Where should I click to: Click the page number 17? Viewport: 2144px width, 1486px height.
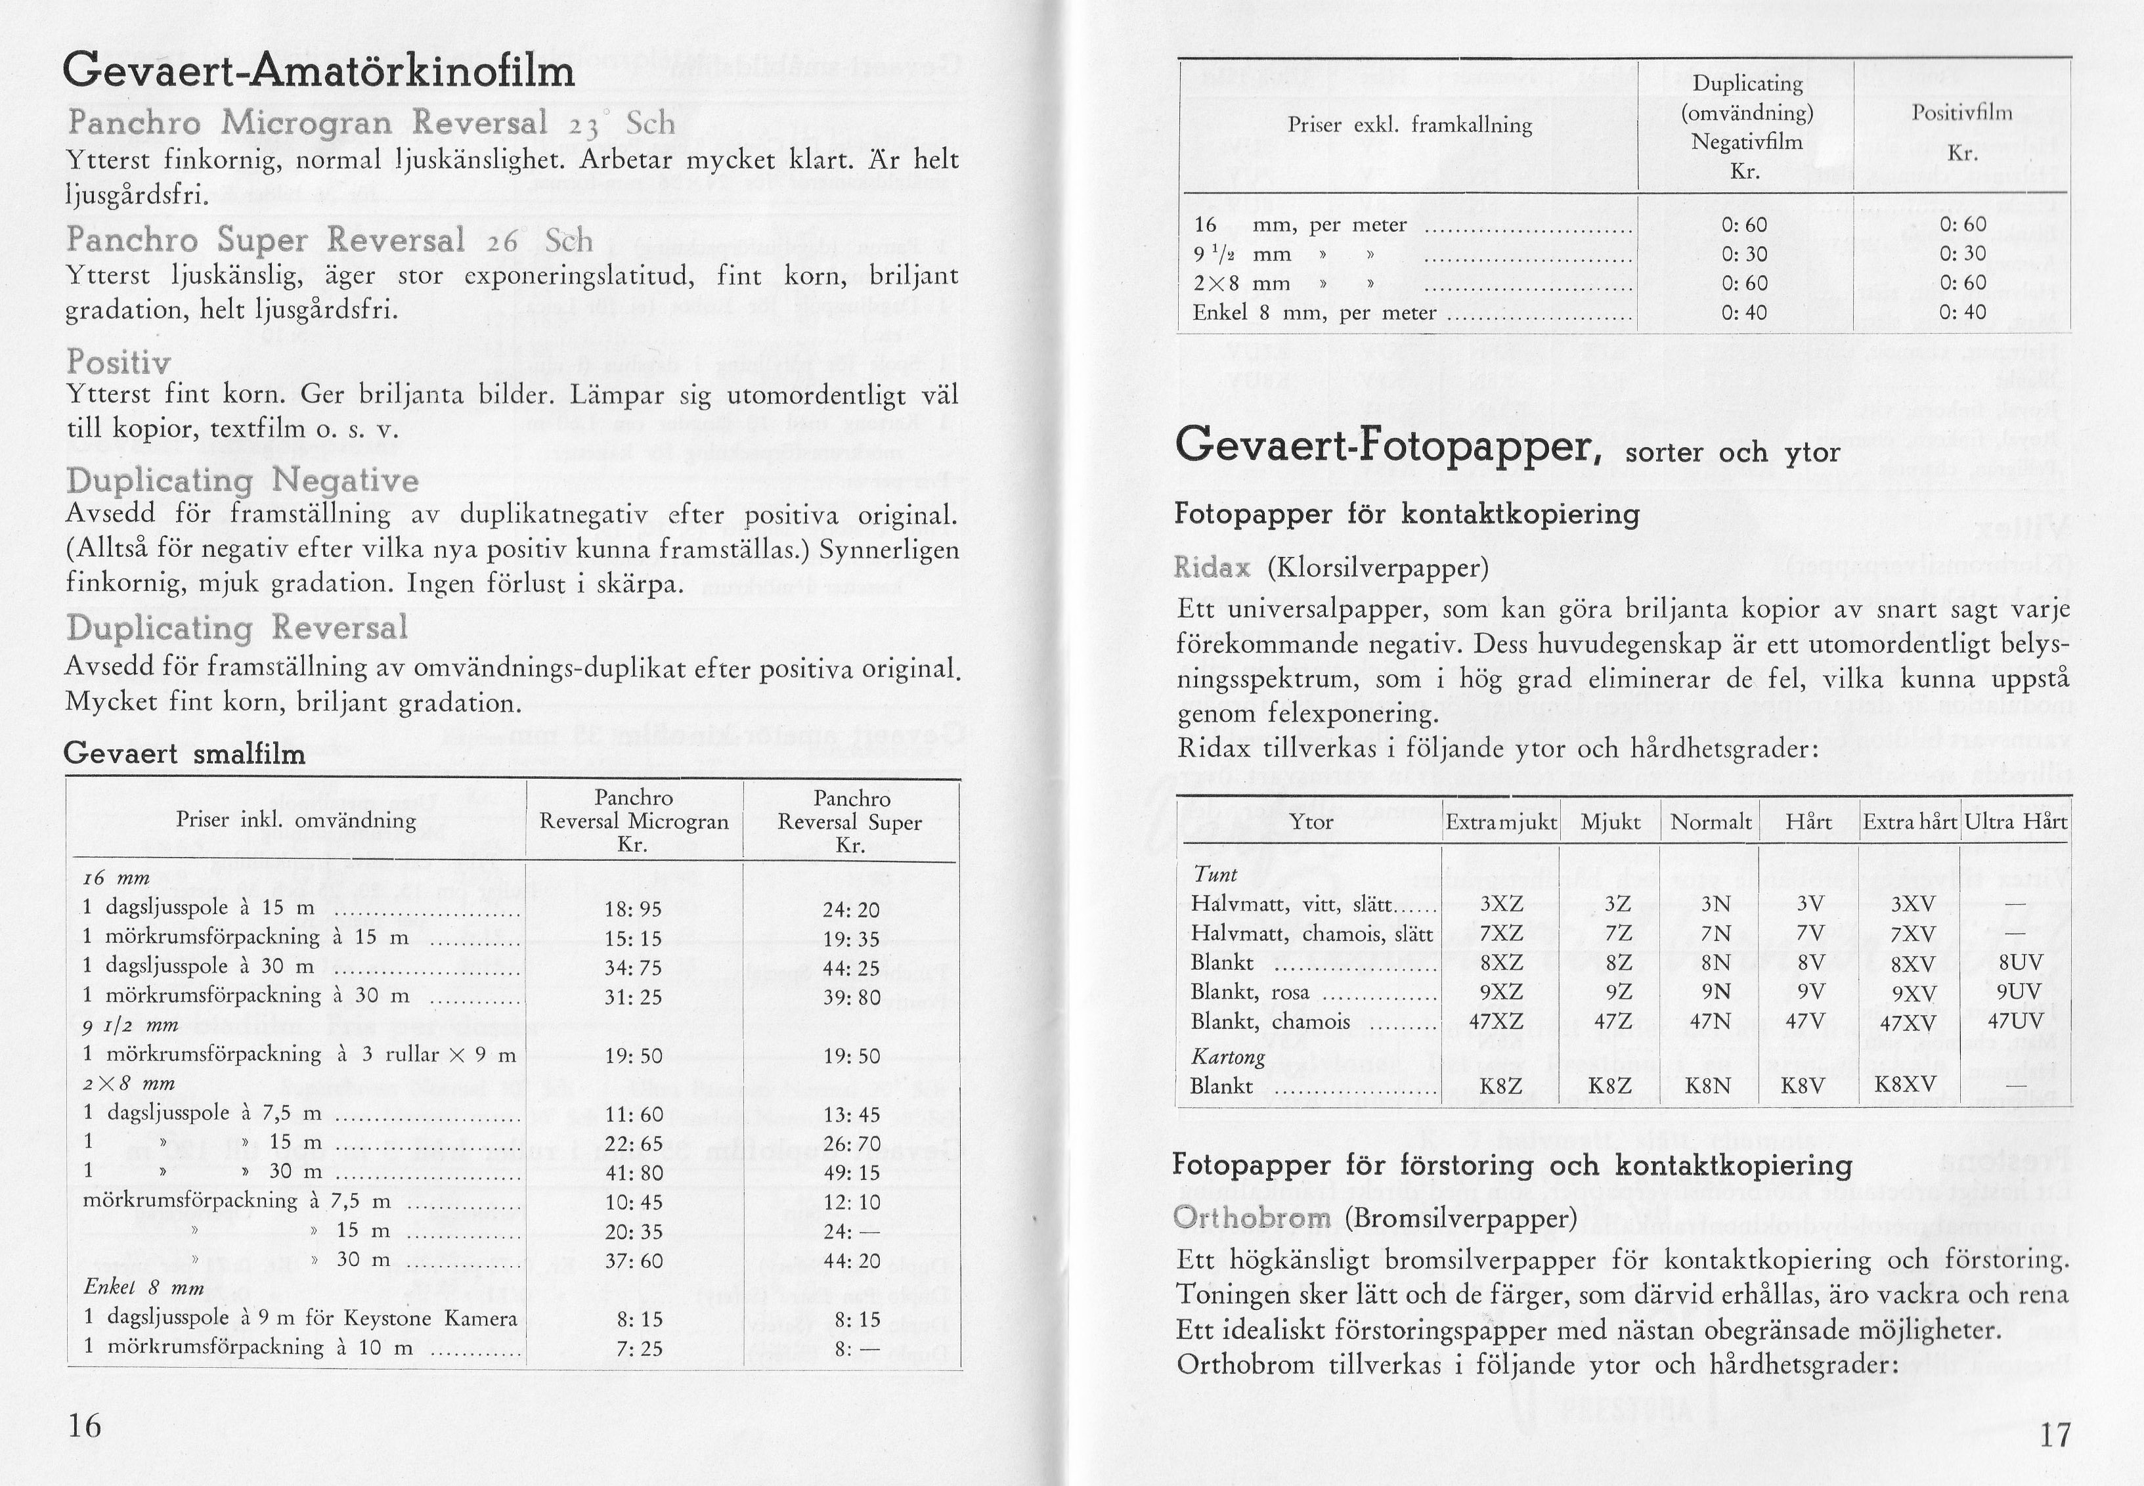point(2055,1435)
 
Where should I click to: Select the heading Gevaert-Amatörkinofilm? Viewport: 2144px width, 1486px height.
point(319,72)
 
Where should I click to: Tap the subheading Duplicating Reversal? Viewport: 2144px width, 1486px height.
point(238,628)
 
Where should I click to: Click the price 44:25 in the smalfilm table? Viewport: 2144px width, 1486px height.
point(851,969)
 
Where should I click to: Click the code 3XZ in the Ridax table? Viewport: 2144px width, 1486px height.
point(1500,905)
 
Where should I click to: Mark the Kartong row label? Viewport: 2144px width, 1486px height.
point(1228,1057)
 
